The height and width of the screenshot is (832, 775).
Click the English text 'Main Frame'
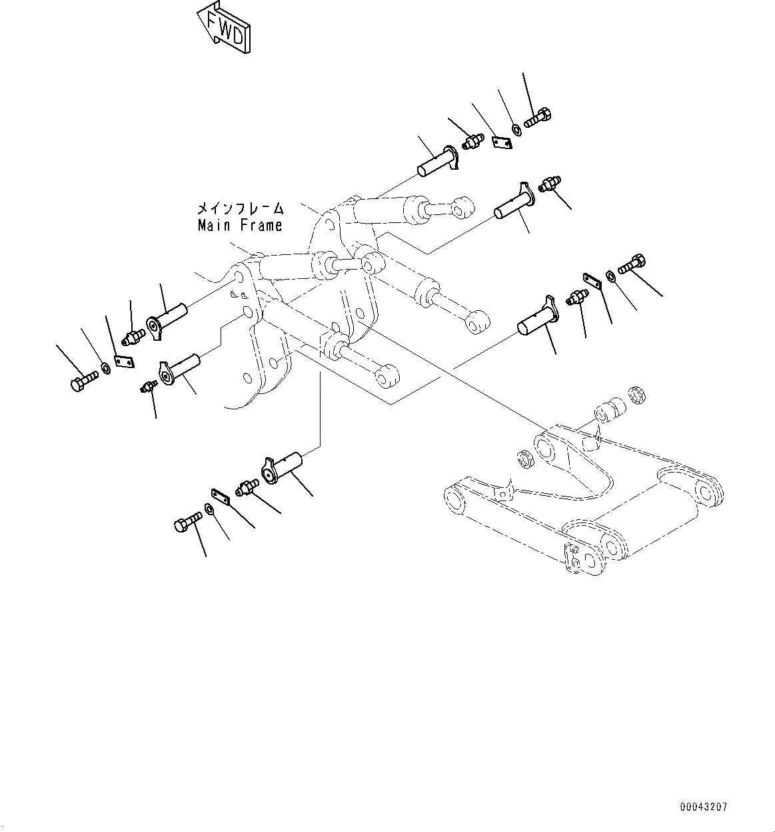pyautogui.click(x=240, y=226)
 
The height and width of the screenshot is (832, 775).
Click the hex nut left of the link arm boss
pyautogui.click(x=524, y=458)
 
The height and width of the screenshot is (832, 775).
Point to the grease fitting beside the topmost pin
pyautogui.click(x=474, y=142)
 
